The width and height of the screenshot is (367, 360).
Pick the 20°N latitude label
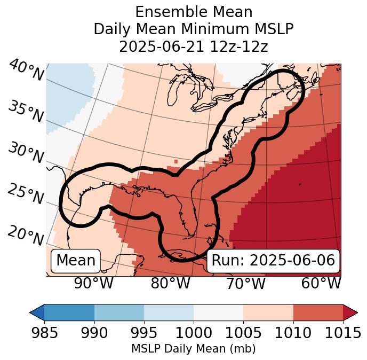26,235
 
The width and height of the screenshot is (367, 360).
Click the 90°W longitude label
94,283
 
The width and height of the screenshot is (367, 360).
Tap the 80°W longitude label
170,283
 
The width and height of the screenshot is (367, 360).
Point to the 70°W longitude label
245,283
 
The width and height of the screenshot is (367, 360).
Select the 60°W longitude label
321,283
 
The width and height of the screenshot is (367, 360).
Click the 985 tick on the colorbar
44,333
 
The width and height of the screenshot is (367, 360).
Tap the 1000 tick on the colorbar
194,333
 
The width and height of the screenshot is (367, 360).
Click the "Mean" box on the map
76,261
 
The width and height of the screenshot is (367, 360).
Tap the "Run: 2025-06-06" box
273,261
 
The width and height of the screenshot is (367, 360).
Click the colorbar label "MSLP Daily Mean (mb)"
194,349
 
